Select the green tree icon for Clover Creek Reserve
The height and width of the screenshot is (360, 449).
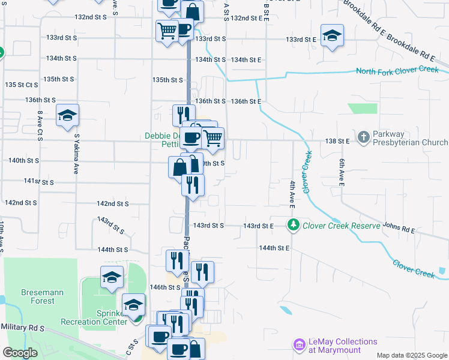coord(294,226)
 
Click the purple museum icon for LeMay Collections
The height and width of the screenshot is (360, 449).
coord(299,345)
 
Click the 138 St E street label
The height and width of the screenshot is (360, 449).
coord(339,140)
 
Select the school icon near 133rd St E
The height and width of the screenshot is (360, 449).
coord(331,35)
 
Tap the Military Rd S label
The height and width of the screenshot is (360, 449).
coord(23,328)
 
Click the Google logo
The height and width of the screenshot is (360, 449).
coord(20,353)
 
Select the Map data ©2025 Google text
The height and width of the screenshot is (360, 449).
coord(412,355)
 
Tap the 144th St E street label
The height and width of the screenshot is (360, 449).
coord(274,248)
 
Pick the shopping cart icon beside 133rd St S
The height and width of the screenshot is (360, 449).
coord(167,30)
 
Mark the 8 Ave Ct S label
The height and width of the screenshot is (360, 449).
coord(40,125)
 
